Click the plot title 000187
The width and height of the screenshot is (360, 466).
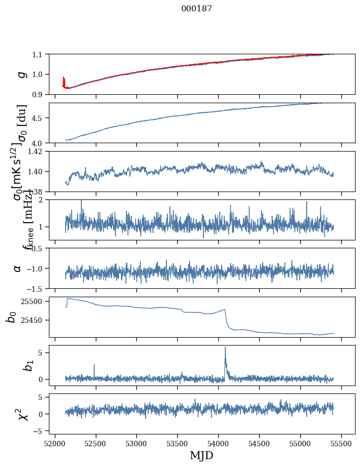pos(197,9)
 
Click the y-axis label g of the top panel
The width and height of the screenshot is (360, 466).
pos(21,74)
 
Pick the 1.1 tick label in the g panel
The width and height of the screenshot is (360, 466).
pos(38,54)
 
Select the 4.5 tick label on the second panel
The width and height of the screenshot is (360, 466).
pos(38,118)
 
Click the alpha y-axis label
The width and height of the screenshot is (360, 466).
pos(18,268)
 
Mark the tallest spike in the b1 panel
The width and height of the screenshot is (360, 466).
pos(225,348)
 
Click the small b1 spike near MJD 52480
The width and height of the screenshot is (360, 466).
pos(94,366)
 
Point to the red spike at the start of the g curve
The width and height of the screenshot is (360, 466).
pos(64,79)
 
